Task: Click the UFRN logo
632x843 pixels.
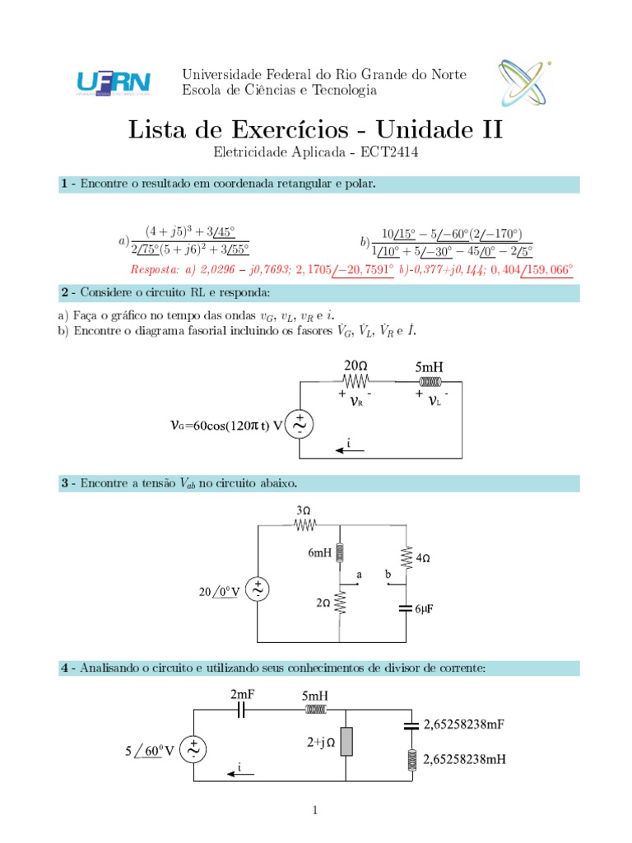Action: [x=113, y=82]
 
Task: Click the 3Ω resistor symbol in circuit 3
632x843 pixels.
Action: [x=305, y=526]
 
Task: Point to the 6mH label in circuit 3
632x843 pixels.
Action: [x=320, y=554]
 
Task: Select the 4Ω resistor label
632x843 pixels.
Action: [x=425, y=558]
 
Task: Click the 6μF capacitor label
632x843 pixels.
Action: [x=425, y=608]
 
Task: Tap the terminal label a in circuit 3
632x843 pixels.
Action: [x=358, y=573]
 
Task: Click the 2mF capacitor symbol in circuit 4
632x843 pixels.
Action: [x=239, y=710]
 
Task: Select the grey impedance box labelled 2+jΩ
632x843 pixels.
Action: [x=347, y=742]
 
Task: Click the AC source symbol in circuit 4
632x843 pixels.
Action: [x=194, y=749]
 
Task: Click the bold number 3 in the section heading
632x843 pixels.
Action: [x=63, y=482]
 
